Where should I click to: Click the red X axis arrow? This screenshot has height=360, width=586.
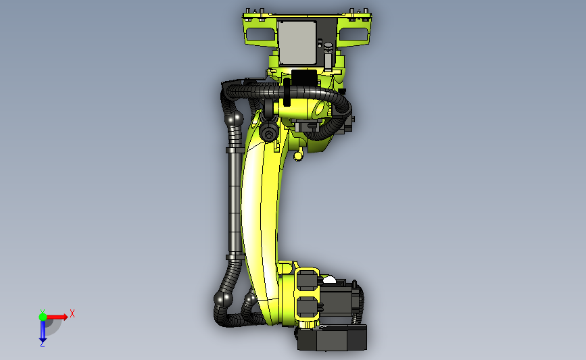[57, 317]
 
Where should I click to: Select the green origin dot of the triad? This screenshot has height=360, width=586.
[43, 317]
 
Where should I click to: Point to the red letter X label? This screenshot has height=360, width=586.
[72, 313]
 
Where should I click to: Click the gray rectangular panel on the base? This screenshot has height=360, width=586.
[297, 43]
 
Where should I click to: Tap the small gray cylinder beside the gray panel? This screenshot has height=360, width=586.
[328, 56]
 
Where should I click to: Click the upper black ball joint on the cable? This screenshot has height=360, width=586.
[235, 119]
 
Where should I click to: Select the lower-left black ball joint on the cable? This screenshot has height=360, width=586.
[223, 299]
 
